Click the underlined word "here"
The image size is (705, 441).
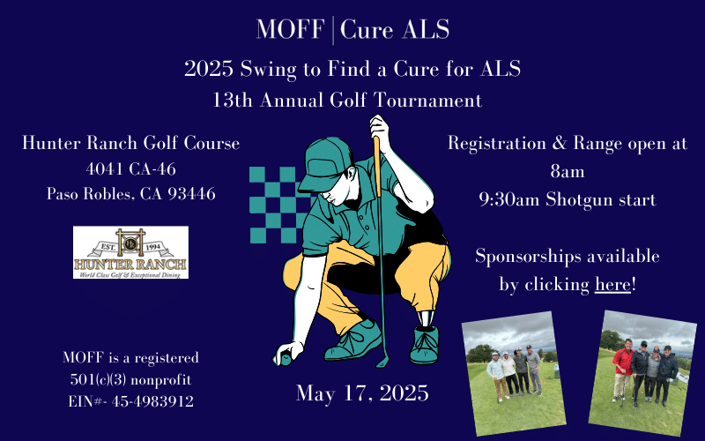612,284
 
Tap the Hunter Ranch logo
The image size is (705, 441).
130,252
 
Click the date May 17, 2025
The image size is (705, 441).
362,392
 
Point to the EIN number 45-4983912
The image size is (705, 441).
152,401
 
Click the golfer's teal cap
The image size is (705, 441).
324,164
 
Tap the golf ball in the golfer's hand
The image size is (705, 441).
285,359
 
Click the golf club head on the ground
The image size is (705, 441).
383,362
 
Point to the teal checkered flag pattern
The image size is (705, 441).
278,205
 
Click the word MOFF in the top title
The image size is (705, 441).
291,29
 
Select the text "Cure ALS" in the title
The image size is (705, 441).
395,30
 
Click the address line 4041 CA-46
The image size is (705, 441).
130,168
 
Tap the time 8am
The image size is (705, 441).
568,171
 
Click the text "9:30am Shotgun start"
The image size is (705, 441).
568,199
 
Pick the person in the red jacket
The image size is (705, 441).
623,369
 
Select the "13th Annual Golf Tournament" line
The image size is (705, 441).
347,100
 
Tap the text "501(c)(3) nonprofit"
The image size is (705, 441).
130,379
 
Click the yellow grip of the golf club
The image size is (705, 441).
378,167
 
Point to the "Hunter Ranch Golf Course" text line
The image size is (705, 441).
130,143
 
